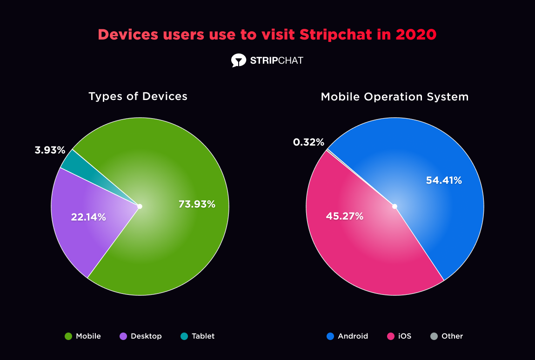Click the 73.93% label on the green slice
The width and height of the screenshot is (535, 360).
(x=197, y=204)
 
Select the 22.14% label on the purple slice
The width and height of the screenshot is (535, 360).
(x=88, y=217)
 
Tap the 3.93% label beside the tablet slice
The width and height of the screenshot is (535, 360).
(x=50, y=150)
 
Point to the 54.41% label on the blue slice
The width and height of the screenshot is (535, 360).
(x=444, y=180)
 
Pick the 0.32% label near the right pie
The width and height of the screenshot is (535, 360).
(x=308, y=142)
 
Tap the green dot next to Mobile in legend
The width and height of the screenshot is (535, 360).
(x=68, y=336)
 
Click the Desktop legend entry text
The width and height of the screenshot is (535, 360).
(x=146, y=336)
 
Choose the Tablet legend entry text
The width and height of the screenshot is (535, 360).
(x=203, y=336)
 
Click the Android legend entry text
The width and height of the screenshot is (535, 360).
(x=353, y=336)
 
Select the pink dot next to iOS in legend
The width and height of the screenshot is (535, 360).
(x=391, y=336)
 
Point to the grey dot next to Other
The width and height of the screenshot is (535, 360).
(x=434, y=336)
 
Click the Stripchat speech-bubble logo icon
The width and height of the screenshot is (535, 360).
(x=238, y=60)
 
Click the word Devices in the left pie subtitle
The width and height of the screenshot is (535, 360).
(x=165, y=97)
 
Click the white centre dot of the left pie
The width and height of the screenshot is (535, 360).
(x=140, y=206)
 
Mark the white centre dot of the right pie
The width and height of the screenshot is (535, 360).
(x=395, y=206)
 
